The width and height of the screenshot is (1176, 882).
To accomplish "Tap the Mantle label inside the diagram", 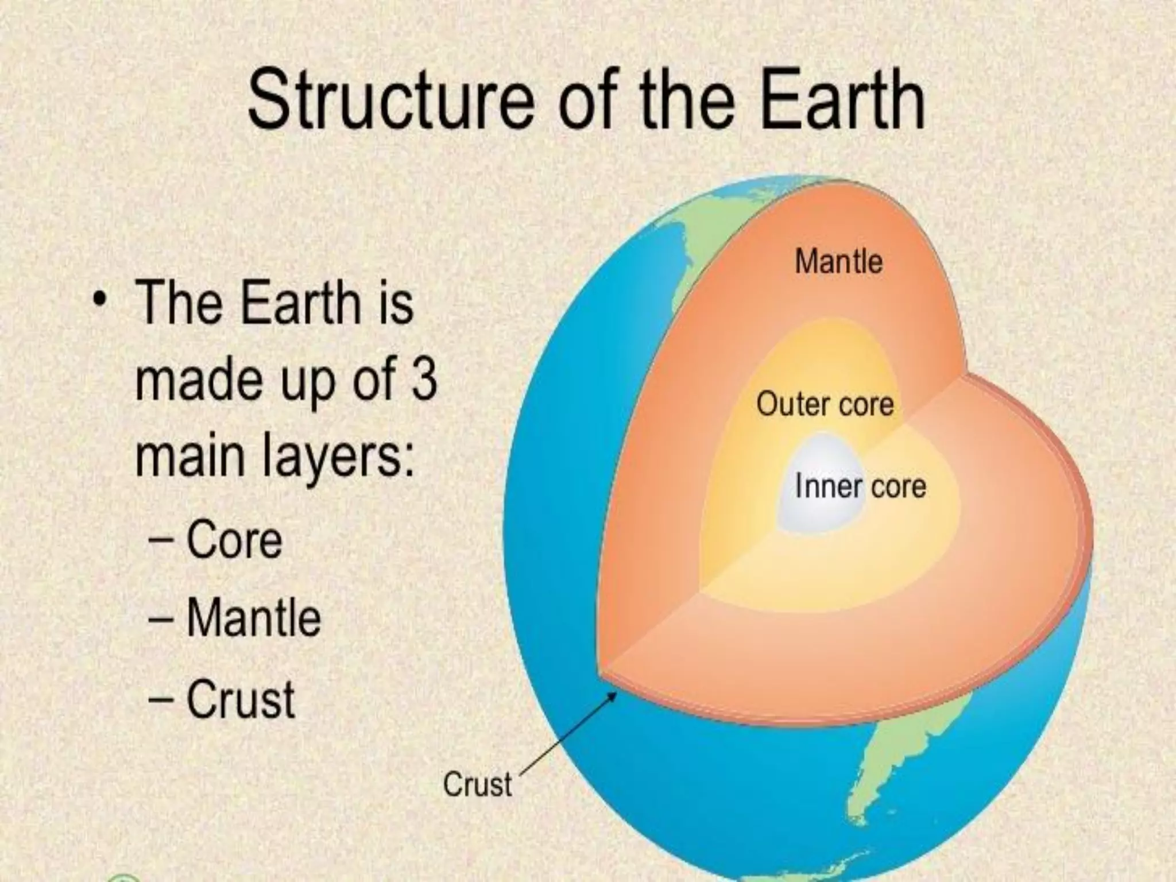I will click(x=838, y=262).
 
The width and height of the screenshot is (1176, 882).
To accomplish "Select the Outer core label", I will click(x=825, y=404).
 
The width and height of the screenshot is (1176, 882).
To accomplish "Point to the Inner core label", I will click(x=860, y=487).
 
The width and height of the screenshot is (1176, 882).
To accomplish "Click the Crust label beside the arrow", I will click(x=477, y=784).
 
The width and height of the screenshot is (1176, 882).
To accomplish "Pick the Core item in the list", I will click(x=234, y=540).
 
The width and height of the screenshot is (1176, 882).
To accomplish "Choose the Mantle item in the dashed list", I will click(x=253, y=618).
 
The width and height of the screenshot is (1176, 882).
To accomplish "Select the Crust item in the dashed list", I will click(x=241, y=699).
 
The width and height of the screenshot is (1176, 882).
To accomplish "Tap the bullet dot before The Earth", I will click(x=102, y=299).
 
